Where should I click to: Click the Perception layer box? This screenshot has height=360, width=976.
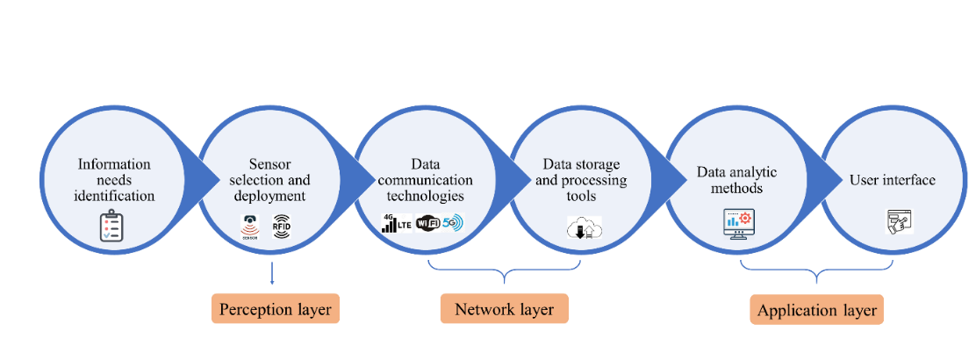point(275,309)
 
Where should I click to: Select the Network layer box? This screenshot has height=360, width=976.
point(504,309)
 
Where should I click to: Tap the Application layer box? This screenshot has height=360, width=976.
point(816,310)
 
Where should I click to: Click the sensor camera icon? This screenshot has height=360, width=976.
point(250,226)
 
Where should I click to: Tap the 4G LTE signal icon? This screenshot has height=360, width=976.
point(396,223)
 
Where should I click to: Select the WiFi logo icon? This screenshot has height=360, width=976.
point(427,223)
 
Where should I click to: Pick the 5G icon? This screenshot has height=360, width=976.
point(452,223)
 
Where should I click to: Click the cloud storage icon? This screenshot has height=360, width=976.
point(584,228)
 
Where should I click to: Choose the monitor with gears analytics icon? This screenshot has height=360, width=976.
point(736,224)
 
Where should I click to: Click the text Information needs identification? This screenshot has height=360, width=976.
point(114,179)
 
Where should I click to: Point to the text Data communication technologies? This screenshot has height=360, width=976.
point(425,179)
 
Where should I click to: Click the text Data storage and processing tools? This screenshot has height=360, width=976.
point(581,179)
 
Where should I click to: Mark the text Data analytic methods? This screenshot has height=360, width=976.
point(736,180)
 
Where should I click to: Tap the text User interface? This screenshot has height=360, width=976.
point(892,180)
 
